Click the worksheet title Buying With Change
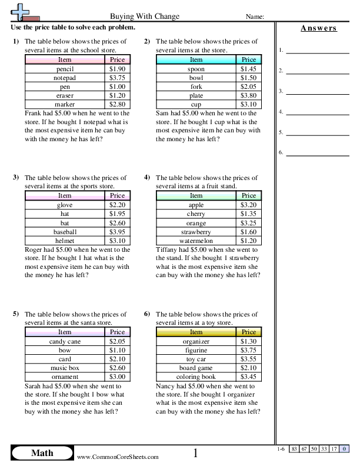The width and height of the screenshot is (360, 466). coord(145,16)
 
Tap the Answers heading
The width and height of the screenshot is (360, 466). coord(318,28)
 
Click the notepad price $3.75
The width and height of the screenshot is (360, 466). coord(118,78)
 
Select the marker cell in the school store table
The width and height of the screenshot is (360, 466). coord(65,104)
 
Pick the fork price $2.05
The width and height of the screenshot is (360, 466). coord(249,86)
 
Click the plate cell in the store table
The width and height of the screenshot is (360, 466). coord(196,95)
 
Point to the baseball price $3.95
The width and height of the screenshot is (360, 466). coord(118,231)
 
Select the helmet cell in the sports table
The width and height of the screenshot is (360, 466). coord(65,240)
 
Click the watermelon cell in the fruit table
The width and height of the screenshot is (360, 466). coord(196,240)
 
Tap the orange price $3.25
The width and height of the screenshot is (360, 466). coord(249,222)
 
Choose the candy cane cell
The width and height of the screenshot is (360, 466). coord(65,341)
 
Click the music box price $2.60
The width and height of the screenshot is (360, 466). coord(118,367)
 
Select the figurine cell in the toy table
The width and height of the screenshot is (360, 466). coord(196,349)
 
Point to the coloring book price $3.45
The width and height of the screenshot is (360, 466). coord(249,376)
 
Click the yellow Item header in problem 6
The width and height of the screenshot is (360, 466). coord(196,332)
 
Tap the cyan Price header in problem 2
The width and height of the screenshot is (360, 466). coord(249,59)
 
